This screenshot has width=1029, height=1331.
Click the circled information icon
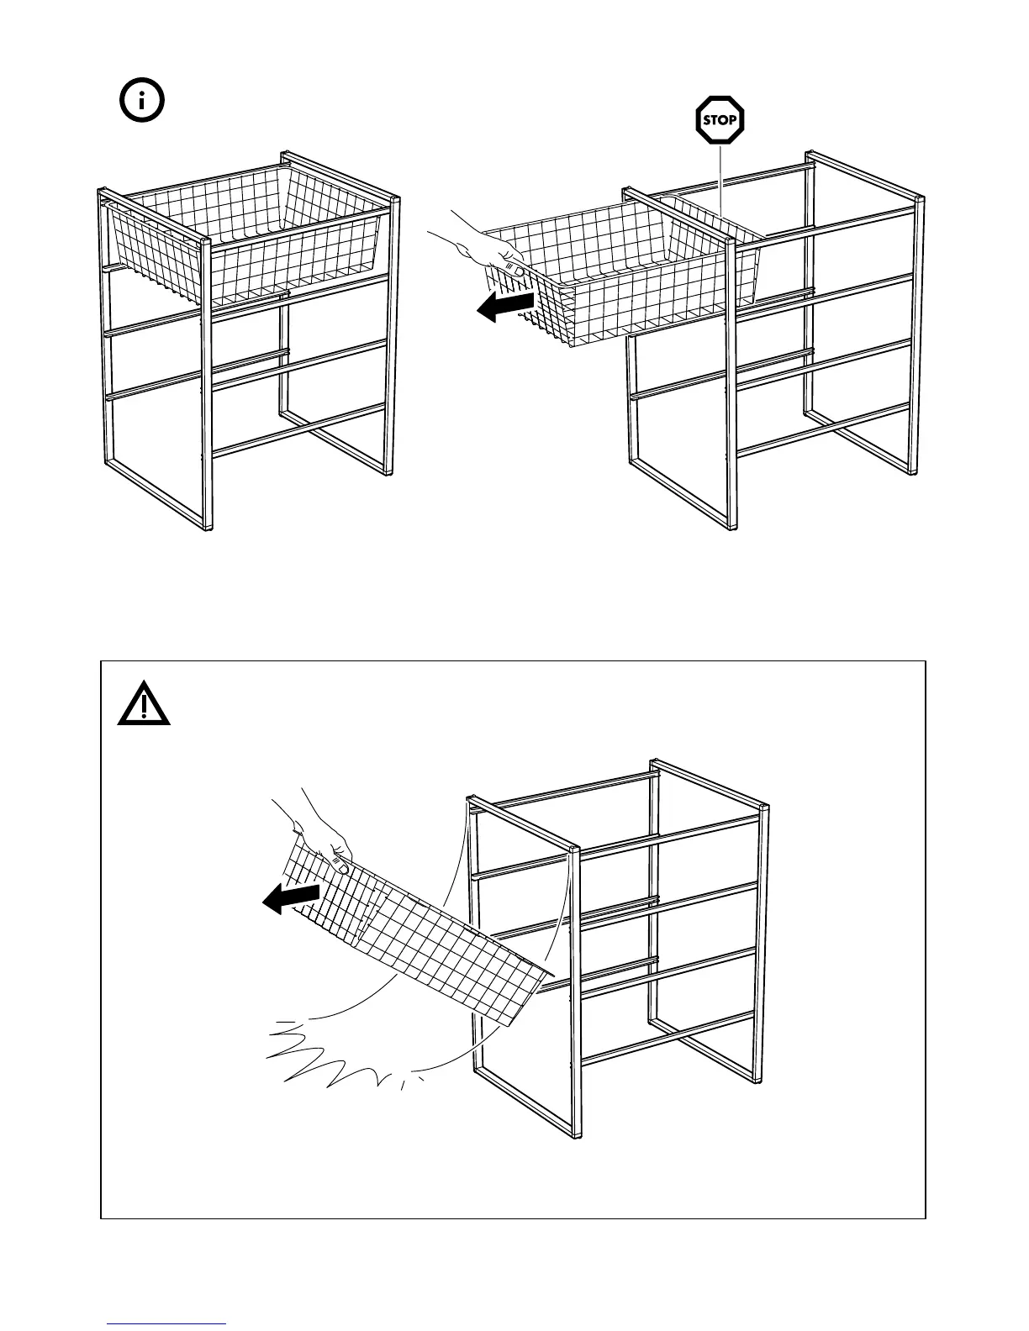(142, 102)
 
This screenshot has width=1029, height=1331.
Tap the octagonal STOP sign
(720, 120)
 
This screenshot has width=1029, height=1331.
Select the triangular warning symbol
(144, 703)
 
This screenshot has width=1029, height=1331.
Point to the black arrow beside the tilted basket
(291, 898)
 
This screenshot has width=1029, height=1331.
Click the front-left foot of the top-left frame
(207, 528)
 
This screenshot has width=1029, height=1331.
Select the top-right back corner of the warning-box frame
(763, 808)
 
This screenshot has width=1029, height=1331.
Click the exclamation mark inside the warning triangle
(144, 708)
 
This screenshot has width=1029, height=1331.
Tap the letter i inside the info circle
(142, 102)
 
